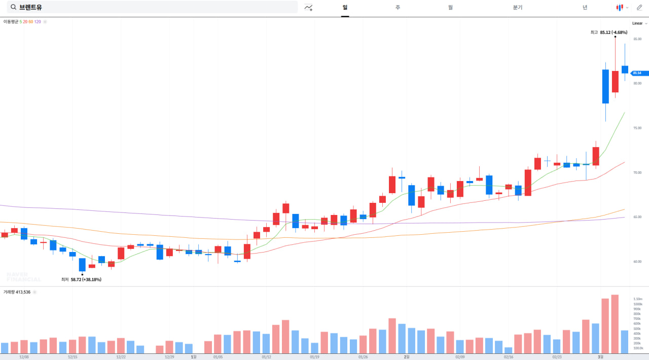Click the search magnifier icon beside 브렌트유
pyautogui.click(x=13, y=7)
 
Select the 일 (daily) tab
pyautogui.click(x=345, y=7)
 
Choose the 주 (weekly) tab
pyautogui.click(x=398, y=7)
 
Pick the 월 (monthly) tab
pyautogui.click(x=450, y=7)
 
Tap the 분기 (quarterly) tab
pyautogui.click(x=518, y=7)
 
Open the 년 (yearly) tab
pyautogui.click(x=585, y=7)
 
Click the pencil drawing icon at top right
pyautogui.click(x=639, y=7)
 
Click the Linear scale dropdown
pyautogui.click(x=639, y=23)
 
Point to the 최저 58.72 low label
pyautogui.click(x=81, y=279)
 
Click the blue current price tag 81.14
pyautogui.click(x=638, y=73)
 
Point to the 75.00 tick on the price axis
pyautogui.click(x=637, y=128)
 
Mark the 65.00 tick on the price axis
pyautogui.click(x=637, y=217)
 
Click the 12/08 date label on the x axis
pyautogui.click(x=24, y=357)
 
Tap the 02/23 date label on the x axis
pyautogui.click(x=557, y=357)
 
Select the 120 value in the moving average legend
pyautogui.click(x=38, y=22)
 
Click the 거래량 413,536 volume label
pyautogui.click(x=17, y=292)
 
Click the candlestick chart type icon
pyautogui.click(x=619, y=7)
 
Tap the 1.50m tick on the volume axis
pyautogui.click(x=638, y=299)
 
